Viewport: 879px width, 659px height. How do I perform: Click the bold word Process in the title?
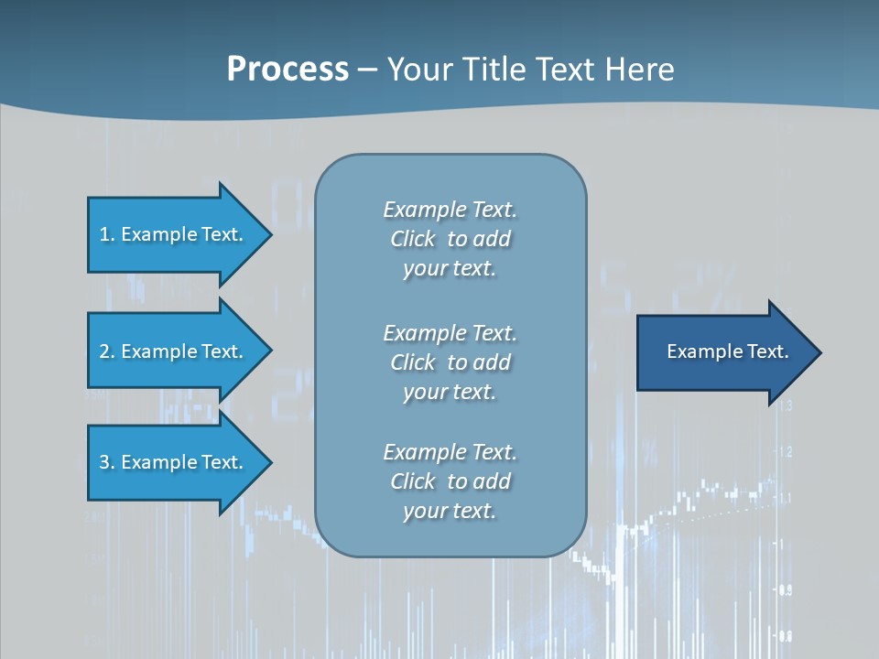[288, 69]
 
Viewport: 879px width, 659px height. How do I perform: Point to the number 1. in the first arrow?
[107, 234]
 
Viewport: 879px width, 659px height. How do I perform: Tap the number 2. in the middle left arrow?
[107, 351]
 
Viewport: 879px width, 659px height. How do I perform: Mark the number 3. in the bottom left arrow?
[107, 462]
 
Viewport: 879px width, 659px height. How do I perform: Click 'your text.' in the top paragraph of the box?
[450, 269]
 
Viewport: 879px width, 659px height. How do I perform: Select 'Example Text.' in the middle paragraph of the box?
[450, 333]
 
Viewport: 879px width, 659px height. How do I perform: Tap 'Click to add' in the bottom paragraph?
[450, 481]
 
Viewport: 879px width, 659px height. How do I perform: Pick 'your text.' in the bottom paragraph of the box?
[450, 511]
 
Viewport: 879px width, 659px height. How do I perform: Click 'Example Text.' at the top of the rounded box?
[450, 210]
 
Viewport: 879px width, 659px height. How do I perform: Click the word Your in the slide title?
[418, 69]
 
